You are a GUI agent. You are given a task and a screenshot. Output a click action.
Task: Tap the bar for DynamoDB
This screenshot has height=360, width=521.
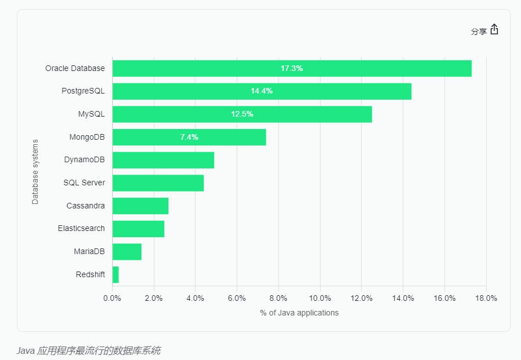(163, 160)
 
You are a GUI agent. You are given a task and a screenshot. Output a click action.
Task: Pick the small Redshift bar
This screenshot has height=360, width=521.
(115, 274)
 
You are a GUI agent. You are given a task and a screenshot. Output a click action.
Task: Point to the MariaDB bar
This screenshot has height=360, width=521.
(127, 252)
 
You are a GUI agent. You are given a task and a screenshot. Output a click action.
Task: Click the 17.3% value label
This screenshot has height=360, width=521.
(292, 68)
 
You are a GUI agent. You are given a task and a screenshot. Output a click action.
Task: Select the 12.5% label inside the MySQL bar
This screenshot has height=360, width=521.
(242, 114)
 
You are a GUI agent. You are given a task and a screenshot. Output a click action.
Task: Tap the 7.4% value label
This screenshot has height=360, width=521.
(189, 137)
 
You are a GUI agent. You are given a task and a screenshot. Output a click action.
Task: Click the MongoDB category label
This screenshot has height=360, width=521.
(87, 137)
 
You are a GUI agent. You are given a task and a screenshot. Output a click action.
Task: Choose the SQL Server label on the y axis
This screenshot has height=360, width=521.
(84, 183)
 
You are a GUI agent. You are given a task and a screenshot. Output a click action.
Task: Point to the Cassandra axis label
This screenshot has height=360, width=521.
(85, 206)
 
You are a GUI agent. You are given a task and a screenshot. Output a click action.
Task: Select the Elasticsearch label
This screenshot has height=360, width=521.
(81, 228)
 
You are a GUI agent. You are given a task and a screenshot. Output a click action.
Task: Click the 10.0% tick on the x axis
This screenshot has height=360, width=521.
(320, 298)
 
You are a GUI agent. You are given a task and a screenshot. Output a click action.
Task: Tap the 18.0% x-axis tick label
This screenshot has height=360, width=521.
(486, 298)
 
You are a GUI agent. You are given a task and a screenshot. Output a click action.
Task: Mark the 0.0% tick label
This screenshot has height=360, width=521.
(113, 298)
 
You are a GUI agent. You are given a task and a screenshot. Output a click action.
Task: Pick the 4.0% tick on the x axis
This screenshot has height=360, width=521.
(195, 298)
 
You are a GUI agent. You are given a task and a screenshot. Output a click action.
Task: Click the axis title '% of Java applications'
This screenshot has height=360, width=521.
(299, 313)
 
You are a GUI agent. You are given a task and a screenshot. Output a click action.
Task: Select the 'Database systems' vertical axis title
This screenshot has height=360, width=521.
(35, 171)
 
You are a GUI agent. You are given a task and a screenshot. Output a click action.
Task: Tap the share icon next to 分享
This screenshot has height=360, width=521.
(495, 30)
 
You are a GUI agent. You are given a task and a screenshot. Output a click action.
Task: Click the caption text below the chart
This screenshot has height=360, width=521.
(88, 350)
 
